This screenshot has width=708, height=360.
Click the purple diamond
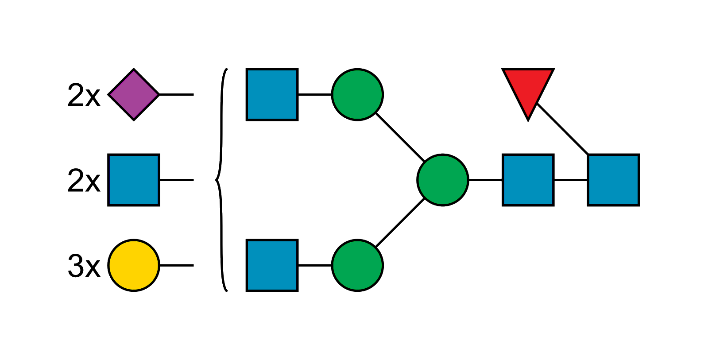pyautogui.click(x=134, y=94)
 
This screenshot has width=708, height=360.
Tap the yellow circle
pyautogui.click(x=134, y=265)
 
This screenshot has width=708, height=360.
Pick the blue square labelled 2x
pyautogui.click(x=134, y=180)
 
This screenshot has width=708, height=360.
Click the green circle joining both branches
pyautogui.click(x=442, y=180)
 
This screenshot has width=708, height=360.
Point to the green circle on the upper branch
pyautogui.click(x=357, y=94)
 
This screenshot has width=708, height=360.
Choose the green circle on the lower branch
pyautogui.click(x=357, y=265)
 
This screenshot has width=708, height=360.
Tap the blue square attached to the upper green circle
pyautogui.click(x=272, y=94)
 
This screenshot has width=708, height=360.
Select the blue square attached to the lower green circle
pyautogui.click(x=272, y=265)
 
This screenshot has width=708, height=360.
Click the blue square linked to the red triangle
pyautogui.click(x=613, y=180)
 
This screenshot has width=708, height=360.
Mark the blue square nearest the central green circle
pyautogui.click(x=528, y=180)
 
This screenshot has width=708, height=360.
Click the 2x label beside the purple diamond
pyautogui.click(x=84, y=95)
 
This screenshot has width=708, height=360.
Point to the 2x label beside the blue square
pyautogui.click(x=84, y=180)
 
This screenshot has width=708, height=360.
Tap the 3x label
pyautogui.click(x=84, y=266)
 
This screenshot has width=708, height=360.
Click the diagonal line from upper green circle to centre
pyautogui.click(x=400, y=137)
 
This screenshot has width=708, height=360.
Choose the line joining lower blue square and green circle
pyautogui.click(x=315, y=265)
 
